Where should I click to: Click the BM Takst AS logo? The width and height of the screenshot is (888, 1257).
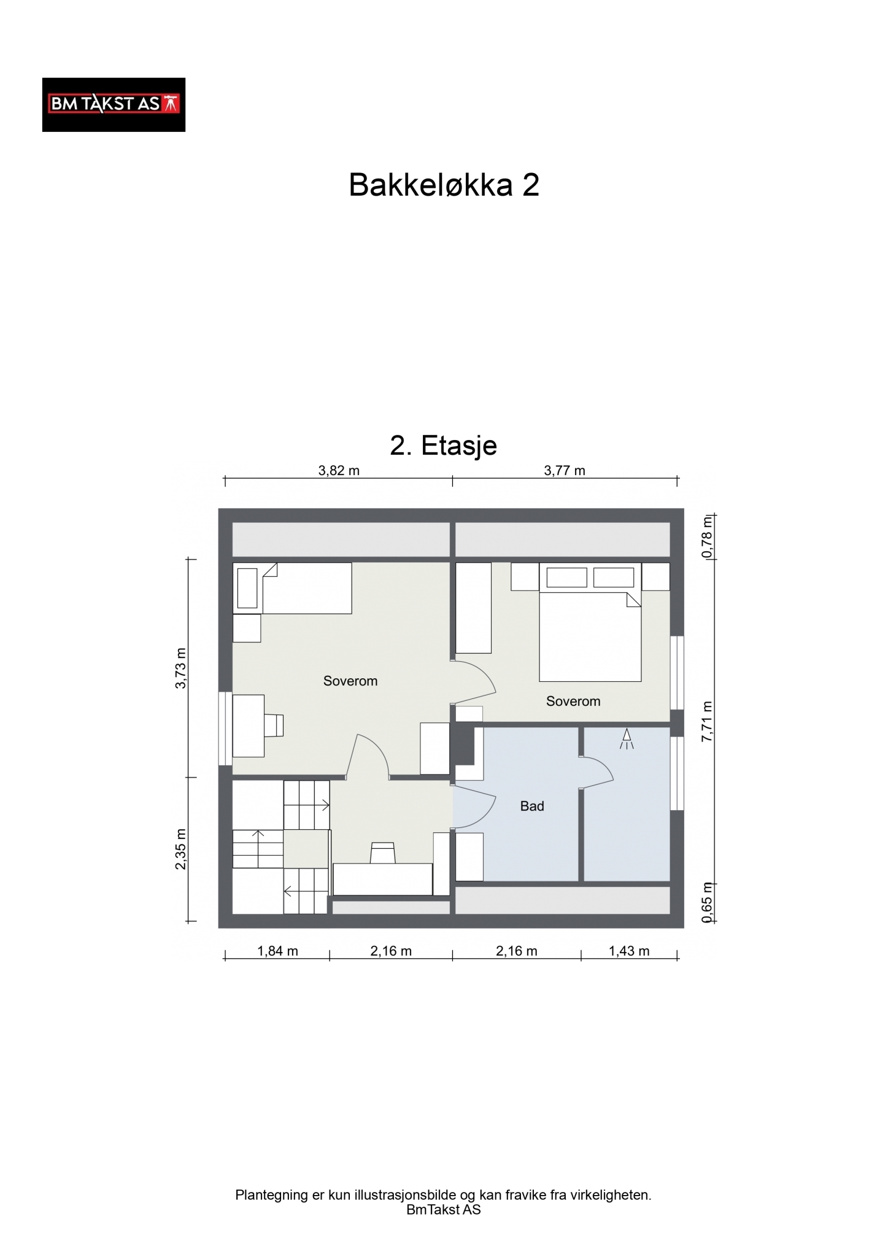pyautogui.click(x=114, y=104)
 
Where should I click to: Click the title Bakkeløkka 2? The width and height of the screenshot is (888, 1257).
pyautogui.click(x=444, y=184)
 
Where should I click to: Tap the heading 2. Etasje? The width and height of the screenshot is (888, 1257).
pyautogui.click(x=443, y=446)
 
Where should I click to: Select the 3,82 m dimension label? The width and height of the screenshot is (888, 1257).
pyautogui.click(x=339, y=471)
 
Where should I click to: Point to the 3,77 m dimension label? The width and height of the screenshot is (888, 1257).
pyautogui.click(x=565, y=471)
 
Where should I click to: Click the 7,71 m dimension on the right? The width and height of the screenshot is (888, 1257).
pyautogui.click(x=708, y=721)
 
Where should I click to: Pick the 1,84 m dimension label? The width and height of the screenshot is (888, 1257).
pyautogui.click(x=277, y=951)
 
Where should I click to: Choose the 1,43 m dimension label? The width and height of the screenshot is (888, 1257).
pyautogui.click(x=629, y=951)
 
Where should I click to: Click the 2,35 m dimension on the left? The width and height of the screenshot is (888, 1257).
pyautogui.click(x=180, y=849)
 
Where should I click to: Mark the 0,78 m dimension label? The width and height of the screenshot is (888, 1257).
pyautogui.click(x=708, y=536)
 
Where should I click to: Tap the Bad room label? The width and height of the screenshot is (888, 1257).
pyautogui.click(x=532, y=806)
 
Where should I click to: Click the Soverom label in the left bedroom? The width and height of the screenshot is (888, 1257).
pyautogui.click(x=350, y=681)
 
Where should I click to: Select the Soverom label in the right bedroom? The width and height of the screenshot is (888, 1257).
pyautogui.click(x=573, y=701)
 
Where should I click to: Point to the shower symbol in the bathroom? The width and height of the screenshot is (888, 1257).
pyautogui.click(x=627, y=738)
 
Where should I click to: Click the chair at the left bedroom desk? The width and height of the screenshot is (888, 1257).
pyautogui.click(x=274, y=725)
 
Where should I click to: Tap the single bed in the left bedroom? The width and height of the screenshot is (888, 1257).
pyautogui.click(x=292, y=588)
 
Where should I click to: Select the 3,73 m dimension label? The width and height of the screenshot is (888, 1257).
pyautogui.click(x=180, y=668)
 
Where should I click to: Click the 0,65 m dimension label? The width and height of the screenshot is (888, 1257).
pyautogui.click(x=708, y=902)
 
